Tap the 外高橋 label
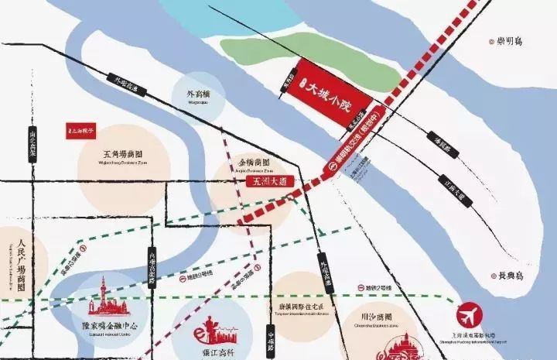pos(198,96)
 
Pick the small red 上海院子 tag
pos(82,131)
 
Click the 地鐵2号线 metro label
pos(378,288)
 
